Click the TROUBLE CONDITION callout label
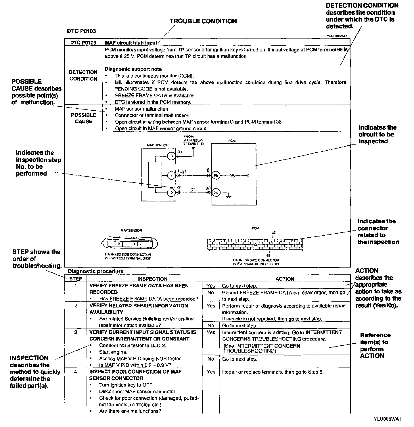point(203,21)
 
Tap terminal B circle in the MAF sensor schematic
point(171,156)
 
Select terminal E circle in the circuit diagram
point(171,175)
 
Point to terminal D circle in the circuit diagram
point(171,193)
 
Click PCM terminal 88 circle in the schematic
point(216,175)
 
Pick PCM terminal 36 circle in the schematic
point(216,193)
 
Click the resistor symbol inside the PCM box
point(233,175)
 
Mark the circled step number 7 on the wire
point(193,190)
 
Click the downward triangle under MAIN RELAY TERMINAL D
point(193,149)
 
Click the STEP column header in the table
point(76,279)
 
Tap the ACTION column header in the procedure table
point(285,279)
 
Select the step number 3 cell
point(76,332)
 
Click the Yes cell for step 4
point(211,372)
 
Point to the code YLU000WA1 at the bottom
point(387,419)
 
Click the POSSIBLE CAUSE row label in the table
point(83,118)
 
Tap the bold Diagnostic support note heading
point(133,69)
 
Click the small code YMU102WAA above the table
point(337,36)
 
